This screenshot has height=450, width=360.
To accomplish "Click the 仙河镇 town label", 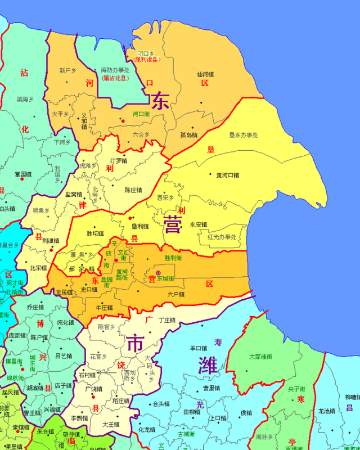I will point(205,74).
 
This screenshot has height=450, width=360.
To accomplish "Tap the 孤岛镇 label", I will point(189,135).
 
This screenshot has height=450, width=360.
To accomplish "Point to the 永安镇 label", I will point(199,224).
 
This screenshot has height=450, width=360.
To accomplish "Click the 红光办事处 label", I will point(222,237).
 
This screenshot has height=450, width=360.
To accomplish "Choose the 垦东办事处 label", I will point(244,135).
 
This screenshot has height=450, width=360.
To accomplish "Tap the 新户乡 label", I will point(67,71).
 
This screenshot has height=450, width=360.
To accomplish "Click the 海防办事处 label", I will point(115,70).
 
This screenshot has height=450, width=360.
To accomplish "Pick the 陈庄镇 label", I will point(133,190).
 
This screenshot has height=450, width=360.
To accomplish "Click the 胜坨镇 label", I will point(95,233).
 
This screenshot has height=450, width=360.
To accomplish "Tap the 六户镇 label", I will point(176,294).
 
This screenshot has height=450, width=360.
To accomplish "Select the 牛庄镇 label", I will point(105,308).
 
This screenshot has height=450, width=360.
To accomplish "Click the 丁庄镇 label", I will point(167,320).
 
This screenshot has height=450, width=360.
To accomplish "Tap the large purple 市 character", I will point(135,343).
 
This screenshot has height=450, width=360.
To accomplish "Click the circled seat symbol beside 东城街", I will point(158,273).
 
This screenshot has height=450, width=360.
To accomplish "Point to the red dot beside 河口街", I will point(122,120).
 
